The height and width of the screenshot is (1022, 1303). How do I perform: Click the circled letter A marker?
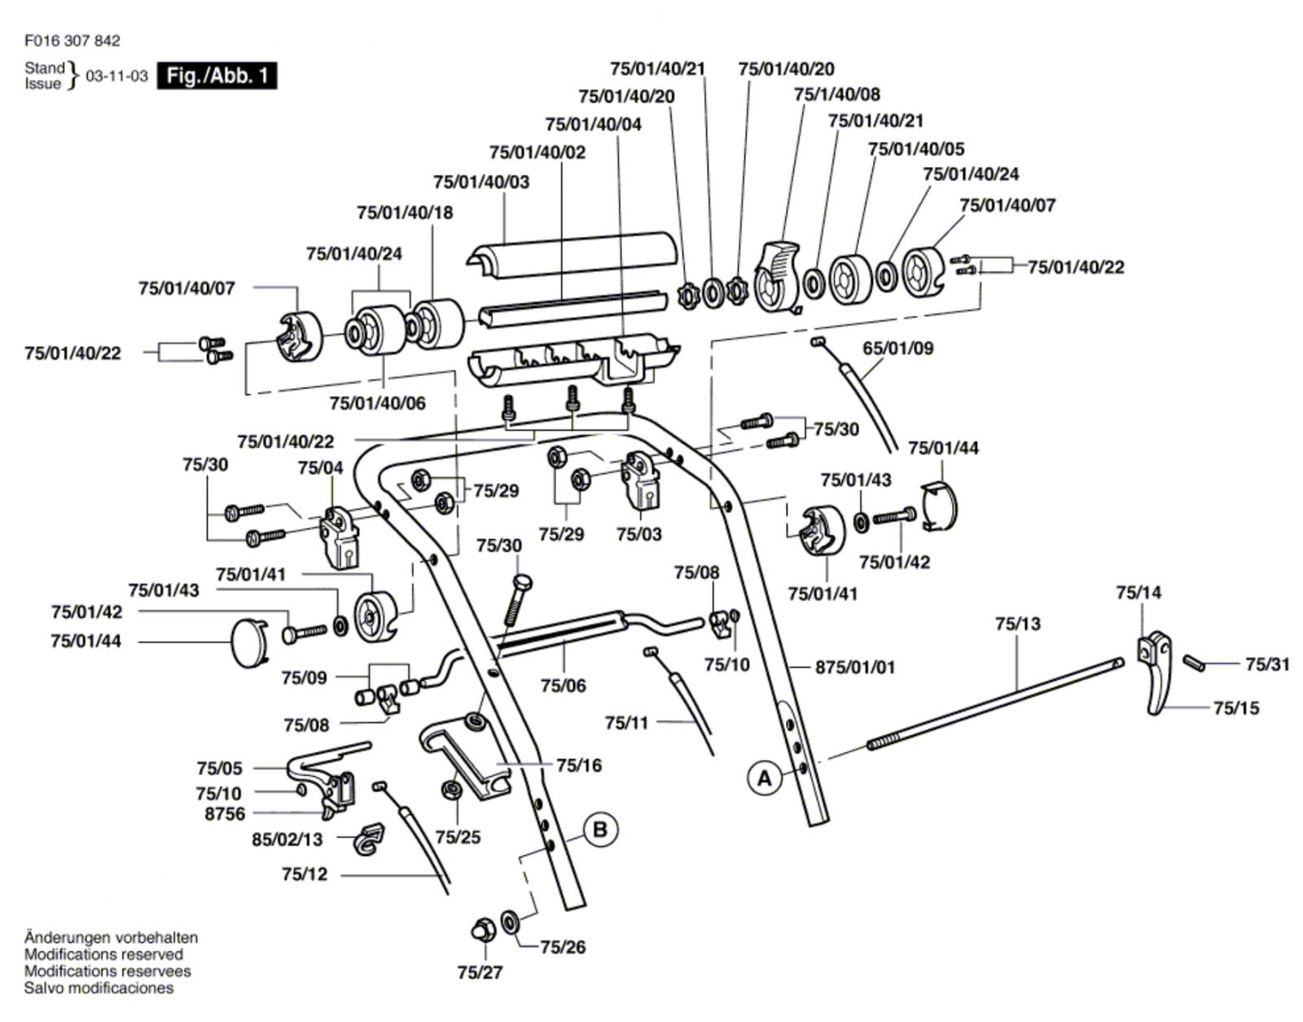click(x=765, y=779)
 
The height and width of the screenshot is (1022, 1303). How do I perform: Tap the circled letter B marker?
click(x=600, y=830)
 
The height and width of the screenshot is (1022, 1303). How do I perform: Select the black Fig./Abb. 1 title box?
click(x=217, y=76)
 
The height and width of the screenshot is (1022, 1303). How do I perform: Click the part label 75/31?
click(x=1267, y=665)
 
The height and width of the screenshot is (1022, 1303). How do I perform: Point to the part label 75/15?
click(x=1235, y=708)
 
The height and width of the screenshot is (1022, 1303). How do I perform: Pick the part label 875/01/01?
click(x=854, y=667)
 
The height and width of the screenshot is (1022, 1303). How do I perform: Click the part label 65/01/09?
click(x=897, y=349)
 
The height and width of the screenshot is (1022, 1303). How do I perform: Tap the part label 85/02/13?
click(x=287, y=839)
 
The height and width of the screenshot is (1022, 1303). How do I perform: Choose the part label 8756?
click(x=225, y=814)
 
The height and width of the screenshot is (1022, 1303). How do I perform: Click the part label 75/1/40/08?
click(x=836, y=94)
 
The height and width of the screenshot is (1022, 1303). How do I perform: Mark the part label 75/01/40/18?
click(x=405, y=213)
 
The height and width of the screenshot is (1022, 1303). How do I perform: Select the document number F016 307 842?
click(x=72, y=41)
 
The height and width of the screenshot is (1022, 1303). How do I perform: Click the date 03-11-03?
click(x=116, y=76)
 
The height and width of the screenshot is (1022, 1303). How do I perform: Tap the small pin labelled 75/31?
click(x=1194, y=661)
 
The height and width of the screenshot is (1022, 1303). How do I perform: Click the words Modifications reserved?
click(x=103, y=954)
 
